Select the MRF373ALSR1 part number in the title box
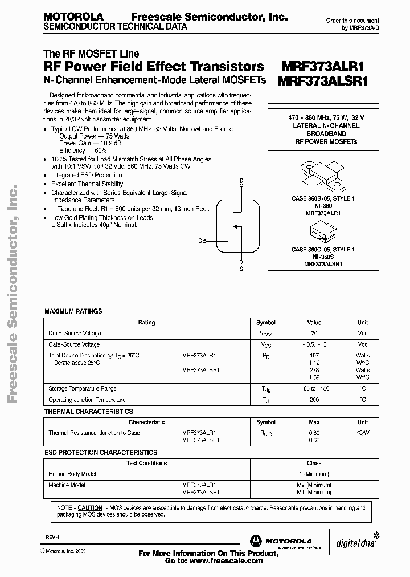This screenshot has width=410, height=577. [323, 81]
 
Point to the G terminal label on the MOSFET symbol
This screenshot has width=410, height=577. [200, 241]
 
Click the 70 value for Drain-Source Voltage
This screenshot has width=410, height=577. [314, 333]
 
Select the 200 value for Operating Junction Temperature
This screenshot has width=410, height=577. [314, 400]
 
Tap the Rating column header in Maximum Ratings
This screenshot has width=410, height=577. [146, 323]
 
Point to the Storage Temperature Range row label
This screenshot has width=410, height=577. [83, 388]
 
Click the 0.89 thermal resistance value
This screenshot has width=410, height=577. [314, 433]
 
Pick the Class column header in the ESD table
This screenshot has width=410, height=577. [314, 463]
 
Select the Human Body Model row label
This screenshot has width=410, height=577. [72, 474]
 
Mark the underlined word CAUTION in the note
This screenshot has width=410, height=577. [90, 507]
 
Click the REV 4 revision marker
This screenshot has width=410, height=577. [52, 537]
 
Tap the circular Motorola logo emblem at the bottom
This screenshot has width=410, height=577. [253, 541]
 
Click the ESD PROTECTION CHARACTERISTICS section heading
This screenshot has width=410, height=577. [100, 452]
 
